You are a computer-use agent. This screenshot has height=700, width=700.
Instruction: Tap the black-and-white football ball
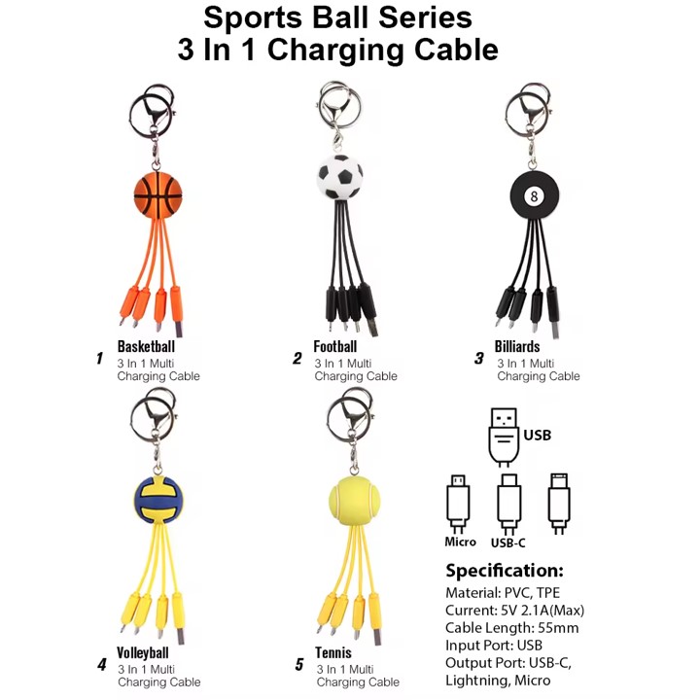339,175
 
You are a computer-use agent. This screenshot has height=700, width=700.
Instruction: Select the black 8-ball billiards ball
533,196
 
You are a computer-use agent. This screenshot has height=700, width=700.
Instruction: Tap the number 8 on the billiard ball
533,196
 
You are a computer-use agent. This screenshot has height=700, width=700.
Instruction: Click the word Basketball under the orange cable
146,346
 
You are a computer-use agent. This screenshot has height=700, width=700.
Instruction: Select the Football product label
335,346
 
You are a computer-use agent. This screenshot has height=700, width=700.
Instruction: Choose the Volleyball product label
143,652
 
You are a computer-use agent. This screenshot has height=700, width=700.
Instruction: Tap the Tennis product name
333,652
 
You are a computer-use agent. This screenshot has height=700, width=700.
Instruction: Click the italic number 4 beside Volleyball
101,665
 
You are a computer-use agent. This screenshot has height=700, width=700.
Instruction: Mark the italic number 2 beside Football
297,358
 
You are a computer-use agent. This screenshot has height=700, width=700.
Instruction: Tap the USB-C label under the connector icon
508,542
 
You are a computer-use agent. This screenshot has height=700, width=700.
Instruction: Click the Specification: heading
504,570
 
